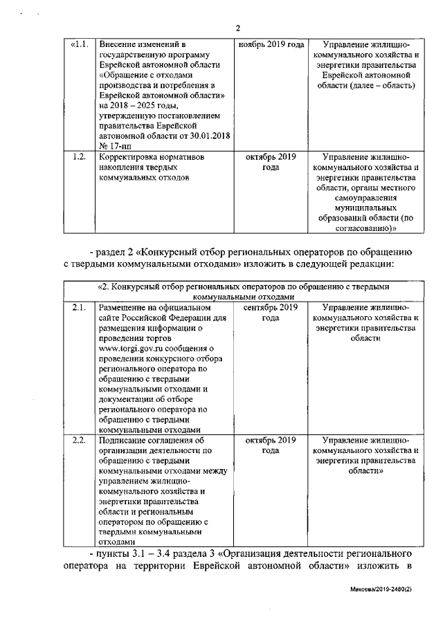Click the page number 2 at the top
237,28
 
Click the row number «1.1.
80,44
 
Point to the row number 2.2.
80,440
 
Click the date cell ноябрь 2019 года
271,44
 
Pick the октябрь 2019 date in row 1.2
271,163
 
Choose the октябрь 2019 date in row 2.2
271,445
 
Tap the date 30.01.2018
206,136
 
